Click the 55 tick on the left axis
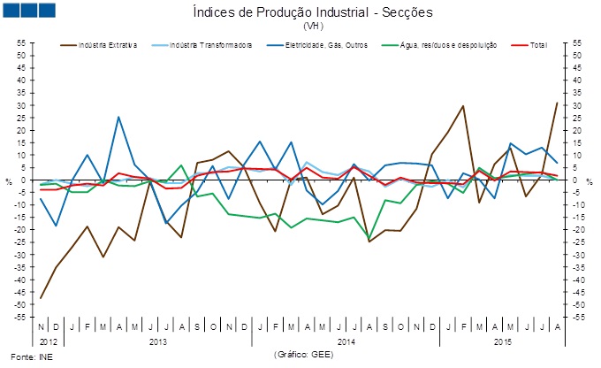pos(20,42)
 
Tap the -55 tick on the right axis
pos(579,317)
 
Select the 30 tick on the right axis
pos(578,105)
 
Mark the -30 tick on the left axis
pos(20,255)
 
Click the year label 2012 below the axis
pos(49,341)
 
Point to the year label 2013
pos(158,341)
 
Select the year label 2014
pos(346,341)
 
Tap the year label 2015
pos(502,341)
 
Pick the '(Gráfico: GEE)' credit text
pos(302,355)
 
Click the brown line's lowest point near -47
pos(41,298)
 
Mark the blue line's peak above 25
pos(118,117)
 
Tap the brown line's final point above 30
pos(556,103)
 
